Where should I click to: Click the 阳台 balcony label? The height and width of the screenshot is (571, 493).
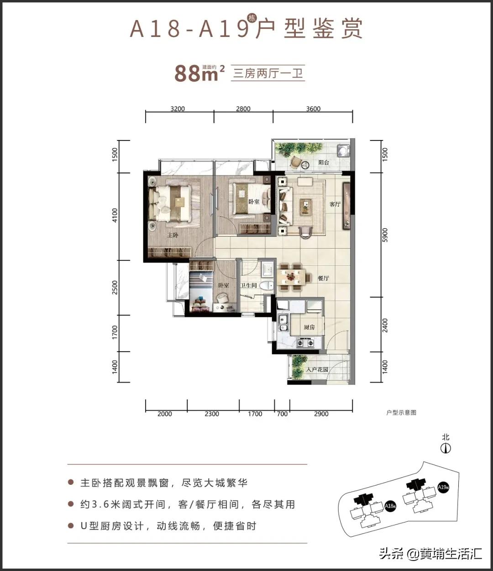(x=324, y=162)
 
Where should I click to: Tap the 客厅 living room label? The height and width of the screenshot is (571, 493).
(x=335, y=204)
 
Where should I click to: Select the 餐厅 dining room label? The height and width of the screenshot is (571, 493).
(x=323, y=278)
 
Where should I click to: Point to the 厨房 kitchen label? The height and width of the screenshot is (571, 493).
(x=309, y=327)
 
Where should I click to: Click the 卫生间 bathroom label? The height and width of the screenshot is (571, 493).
(x=249, y=285)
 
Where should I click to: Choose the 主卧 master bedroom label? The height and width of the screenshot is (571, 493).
(x=172, y=235)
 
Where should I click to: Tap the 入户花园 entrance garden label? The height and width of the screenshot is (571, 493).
(x=317, y=369)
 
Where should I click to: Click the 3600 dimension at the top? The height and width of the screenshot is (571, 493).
(x=313, y=109)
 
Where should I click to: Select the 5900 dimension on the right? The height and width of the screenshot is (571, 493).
(x=385, y=235)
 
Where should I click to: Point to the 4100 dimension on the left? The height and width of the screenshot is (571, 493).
(x=115, y=216)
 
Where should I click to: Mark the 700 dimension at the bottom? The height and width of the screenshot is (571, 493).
(x=282, y=414)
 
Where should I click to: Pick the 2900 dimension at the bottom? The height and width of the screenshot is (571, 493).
(x=321, y=414)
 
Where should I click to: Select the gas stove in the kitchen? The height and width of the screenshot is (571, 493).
(x=305, y=342)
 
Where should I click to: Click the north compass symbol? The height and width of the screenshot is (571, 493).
(x=446, y=448)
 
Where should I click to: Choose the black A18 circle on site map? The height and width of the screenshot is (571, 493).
(x=389, y=506)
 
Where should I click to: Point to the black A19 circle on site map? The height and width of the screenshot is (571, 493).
(x=442, y=487)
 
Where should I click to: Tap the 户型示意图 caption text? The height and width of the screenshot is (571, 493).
(x=401, y=413)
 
